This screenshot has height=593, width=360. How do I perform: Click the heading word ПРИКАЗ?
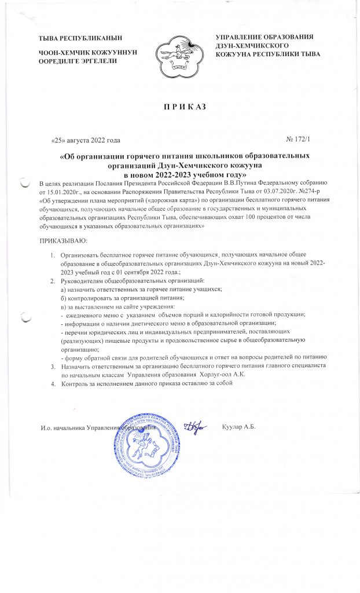[x=180, y=108]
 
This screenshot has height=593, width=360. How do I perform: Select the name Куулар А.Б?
[x=238, y=427]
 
